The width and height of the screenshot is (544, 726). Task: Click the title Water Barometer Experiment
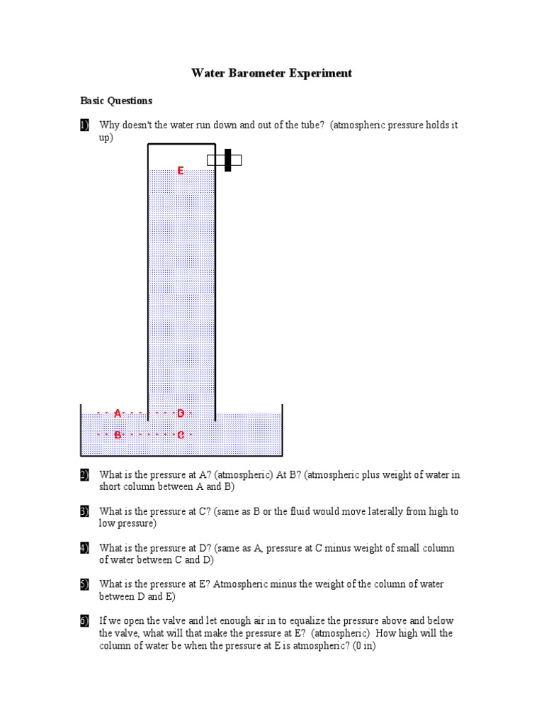[x=271, y=74]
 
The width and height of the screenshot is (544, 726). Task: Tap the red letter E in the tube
[x=181, y=171]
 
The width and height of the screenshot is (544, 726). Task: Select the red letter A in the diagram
[x=118, y=413]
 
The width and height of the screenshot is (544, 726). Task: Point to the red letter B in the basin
[x=118, y=435]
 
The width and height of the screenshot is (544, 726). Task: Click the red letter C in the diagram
[x=181, y=435]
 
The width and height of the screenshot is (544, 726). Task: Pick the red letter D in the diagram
[x=181, y=413]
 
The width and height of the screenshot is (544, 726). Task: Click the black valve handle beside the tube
[x=227, y=160]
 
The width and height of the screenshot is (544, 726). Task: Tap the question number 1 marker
[x=84, y=125]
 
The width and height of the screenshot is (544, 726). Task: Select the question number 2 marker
[x=84, y=475]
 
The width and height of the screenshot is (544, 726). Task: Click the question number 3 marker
[x=84, y=511]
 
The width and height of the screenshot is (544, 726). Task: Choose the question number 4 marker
[x=84, y=548]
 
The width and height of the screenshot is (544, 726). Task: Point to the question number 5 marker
[x=84, y=585]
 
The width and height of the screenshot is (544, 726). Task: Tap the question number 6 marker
[x=84, y=621]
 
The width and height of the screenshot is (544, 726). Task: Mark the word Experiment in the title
[x=319, y=74]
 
